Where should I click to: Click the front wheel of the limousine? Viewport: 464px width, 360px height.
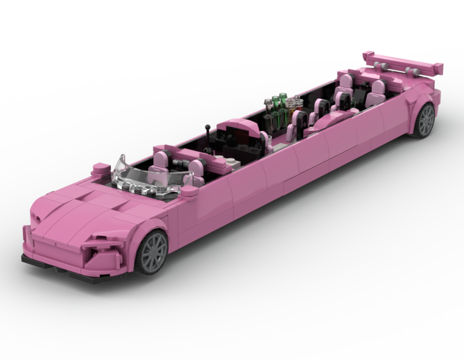[x=153, y=251]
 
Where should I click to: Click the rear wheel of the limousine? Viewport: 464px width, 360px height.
[x=425, y=120]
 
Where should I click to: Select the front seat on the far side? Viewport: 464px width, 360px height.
[x=163, y=160]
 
